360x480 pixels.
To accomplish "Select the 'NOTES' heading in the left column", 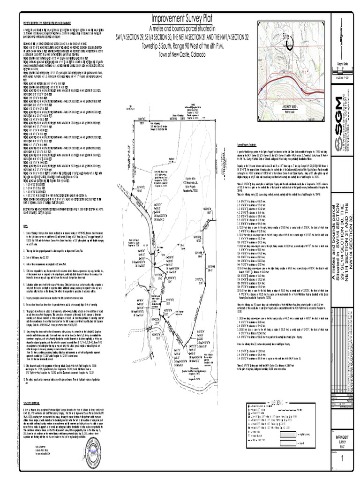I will coord(26,225).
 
